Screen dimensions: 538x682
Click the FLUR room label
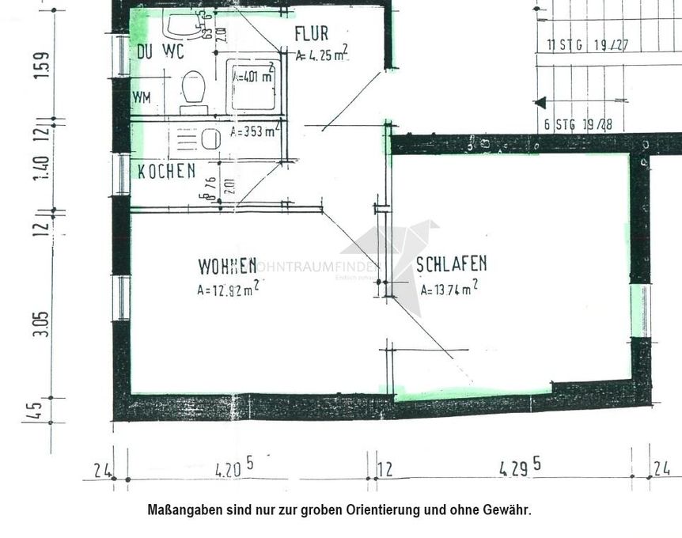click(x=311, y=34)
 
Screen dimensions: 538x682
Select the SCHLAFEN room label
click(x=452, y=265)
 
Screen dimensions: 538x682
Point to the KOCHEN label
click(x=166, y=171)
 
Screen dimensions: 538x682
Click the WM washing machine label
click(x=142, y=98)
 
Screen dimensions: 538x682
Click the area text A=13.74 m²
click(x=449, y=289)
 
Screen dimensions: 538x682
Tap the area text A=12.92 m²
click(x=228, y=289)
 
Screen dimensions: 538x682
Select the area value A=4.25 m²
click(x=322, y=55)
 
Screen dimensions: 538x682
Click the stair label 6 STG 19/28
click(x=578, y=124)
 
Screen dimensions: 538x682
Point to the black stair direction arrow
click(x=540, y=102)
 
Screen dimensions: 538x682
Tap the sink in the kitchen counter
click(x=210, y=139)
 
